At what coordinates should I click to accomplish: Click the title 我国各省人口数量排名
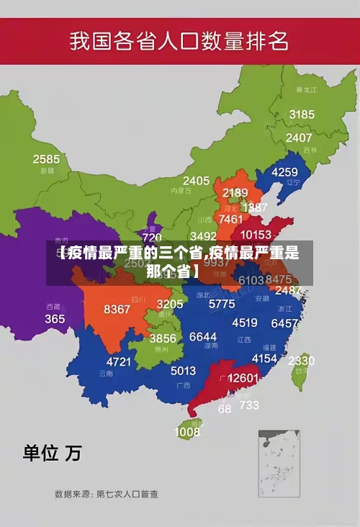pos(179,40)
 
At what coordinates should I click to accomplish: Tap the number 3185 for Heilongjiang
pos(302,114)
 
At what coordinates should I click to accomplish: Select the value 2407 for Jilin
pos(299,138)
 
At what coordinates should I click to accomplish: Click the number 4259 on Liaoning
pos(284,172)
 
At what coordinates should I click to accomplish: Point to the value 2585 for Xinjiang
pos(46,159)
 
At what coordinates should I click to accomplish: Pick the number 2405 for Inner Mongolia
pos(196,181)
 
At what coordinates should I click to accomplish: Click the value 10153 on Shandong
pos(256,235)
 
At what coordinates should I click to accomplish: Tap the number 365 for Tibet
pos(55,318)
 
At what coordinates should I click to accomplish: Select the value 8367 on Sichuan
pos(117,310)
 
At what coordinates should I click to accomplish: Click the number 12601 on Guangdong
pos(243,378)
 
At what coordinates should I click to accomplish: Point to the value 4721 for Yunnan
pos(119,361)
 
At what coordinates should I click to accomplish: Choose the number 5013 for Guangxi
pos(183,371)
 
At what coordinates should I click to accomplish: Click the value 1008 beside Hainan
pos(187,432)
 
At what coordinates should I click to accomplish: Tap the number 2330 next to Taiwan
pos(301,360)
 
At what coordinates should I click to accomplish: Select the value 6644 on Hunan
pos(203,337)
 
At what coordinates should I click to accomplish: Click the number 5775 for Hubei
pos(222,304)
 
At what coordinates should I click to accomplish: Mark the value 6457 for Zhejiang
pos(284,324)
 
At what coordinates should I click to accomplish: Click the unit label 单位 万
pos(52,453)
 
